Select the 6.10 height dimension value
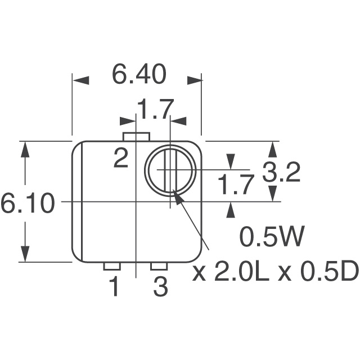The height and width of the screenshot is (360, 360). [x=28, y=204]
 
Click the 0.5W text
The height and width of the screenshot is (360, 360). [x=272, y=237]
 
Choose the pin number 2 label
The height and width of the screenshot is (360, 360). [x=121, y=159]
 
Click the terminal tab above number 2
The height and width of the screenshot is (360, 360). [x=136, y=137]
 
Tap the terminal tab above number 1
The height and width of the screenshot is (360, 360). [x=112, y=266]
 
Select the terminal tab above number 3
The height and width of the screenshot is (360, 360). [x=159, y=266]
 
